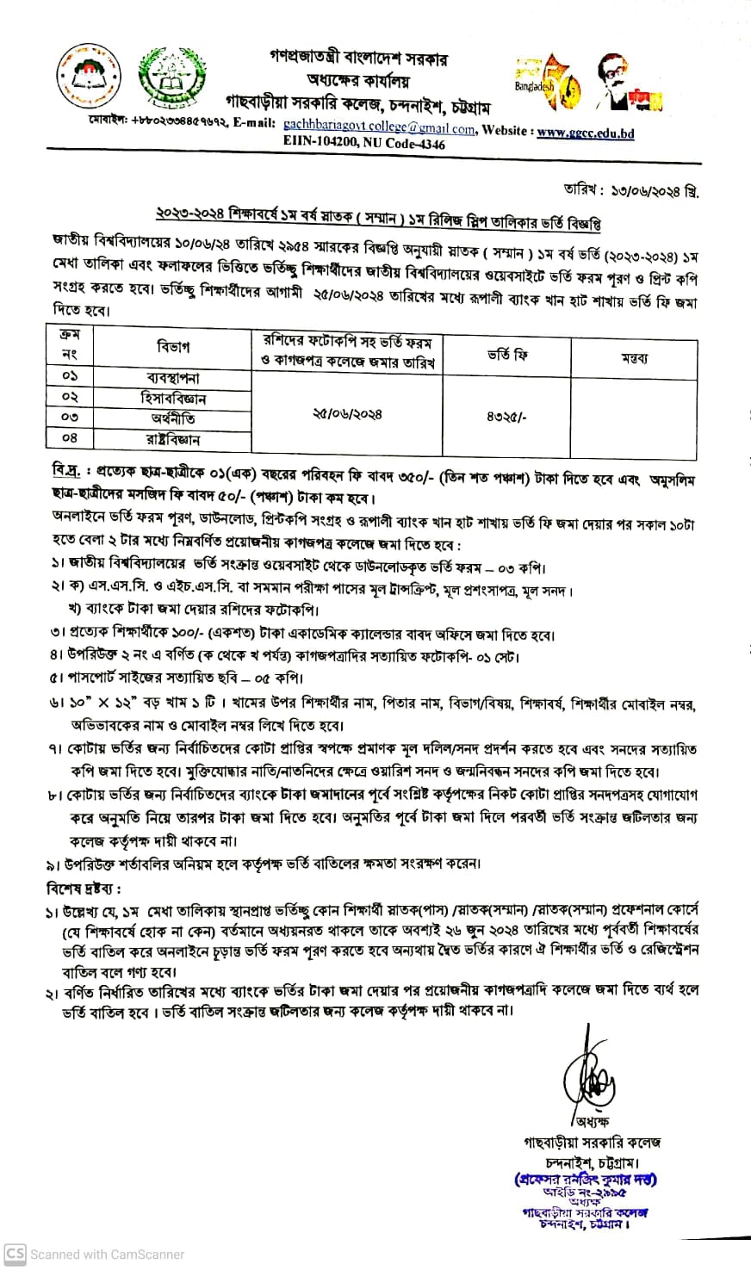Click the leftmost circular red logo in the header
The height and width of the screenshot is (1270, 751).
(x=84, y=77)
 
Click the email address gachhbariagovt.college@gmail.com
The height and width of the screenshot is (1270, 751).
(x=379, y=129)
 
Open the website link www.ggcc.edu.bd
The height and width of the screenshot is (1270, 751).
(x=586, y=132)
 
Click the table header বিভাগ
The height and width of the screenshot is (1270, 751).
(x=173, y=347)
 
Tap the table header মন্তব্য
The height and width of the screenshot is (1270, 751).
(x=634, y=357)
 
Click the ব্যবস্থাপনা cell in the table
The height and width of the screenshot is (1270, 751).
(x=173, y=378)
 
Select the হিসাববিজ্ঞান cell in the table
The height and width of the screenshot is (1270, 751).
(x=173, y=399)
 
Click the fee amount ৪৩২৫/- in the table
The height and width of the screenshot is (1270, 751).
(x=506, y=414)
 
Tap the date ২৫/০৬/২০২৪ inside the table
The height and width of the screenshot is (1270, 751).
(x=348, y=414)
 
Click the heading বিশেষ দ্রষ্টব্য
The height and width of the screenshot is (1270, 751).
(x=84, y=888)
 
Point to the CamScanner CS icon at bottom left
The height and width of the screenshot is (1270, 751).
(x=15, y=1254)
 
